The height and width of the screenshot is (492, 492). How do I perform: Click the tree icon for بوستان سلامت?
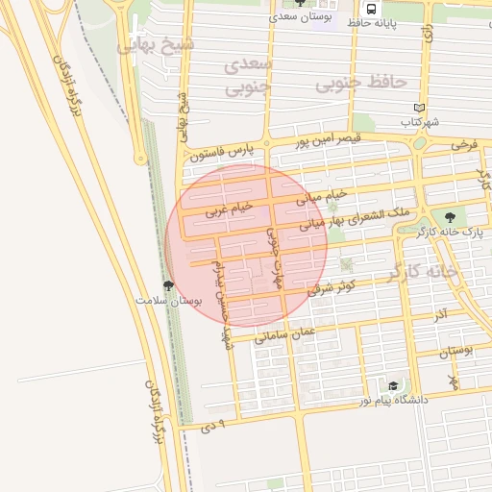169,285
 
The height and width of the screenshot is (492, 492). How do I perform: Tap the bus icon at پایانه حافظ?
371,5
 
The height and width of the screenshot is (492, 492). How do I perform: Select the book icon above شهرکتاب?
417,108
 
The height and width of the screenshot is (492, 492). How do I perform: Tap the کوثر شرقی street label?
332,285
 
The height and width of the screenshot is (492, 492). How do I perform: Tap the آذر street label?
440,314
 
